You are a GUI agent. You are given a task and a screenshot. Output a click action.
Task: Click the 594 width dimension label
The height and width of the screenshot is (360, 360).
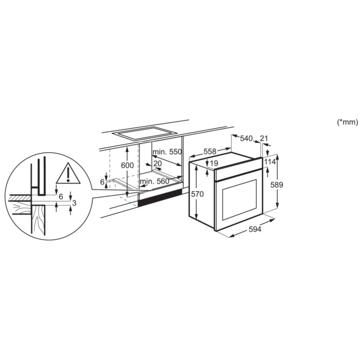[x=255, y=229]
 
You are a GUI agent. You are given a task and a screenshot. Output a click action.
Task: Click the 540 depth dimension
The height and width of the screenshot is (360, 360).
[x=246, y=139]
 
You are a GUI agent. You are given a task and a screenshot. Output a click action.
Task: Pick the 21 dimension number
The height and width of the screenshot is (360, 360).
[x=264, y=138]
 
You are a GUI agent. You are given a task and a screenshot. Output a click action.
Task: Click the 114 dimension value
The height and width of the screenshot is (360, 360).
[x=270, y=162]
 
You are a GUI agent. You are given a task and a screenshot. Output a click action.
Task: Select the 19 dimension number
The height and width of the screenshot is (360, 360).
[x=214, y=163]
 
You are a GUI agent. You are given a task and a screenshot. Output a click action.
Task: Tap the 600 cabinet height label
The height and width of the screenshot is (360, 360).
[x=127, y=165]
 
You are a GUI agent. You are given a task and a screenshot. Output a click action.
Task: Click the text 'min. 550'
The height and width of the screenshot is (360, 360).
[x=167, y=152]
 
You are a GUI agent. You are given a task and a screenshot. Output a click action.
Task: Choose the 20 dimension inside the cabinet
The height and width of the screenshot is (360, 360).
[x=157, y=163]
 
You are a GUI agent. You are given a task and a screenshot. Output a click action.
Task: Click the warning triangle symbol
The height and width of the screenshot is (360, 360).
[x=67, y=174]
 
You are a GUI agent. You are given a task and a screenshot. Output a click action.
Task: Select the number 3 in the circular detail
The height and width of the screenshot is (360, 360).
[x=74, y=203]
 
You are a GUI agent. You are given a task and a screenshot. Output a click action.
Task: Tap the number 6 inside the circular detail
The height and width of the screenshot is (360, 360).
[x=61, y=197]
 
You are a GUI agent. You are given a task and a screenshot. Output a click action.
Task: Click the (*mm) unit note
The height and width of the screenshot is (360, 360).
[x=346, y=122]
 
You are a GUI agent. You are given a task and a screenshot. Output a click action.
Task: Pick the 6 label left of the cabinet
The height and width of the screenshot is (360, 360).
[x=102, y=181]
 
